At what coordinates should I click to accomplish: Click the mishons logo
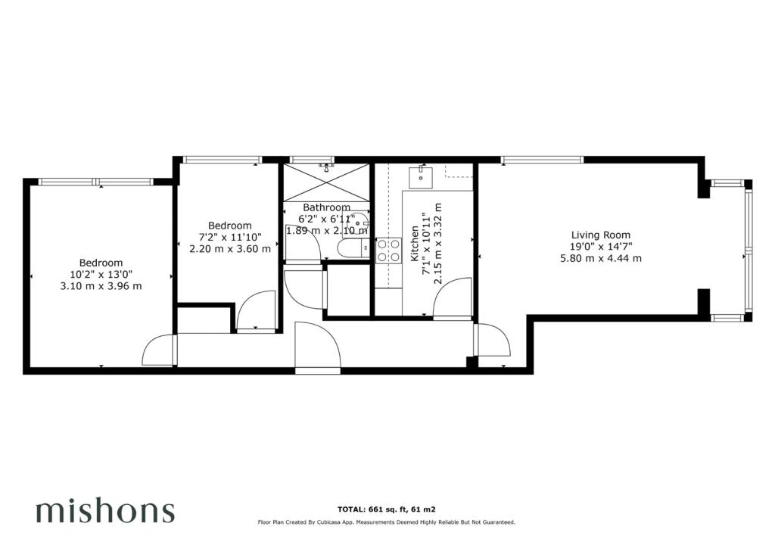point(105,512)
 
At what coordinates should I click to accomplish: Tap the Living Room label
point(600,235)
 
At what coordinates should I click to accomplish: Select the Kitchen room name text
point(415,244)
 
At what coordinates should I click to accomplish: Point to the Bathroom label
point(326,207)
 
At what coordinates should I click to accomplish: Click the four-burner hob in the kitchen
point(388,251)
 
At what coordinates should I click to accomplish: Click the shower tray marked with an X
point(327,182)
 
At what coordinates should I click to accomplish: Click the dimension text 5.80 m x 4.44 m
point(600,258)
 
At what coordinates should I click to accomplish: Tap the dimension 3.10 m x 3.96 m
point(101,286)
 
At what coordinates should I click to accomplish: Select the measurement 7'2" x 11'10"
point(229,237)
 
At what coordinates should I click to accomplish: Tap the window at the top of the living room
point(542,159)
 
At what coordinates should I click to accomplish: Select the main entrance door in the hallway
point(310,347)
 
